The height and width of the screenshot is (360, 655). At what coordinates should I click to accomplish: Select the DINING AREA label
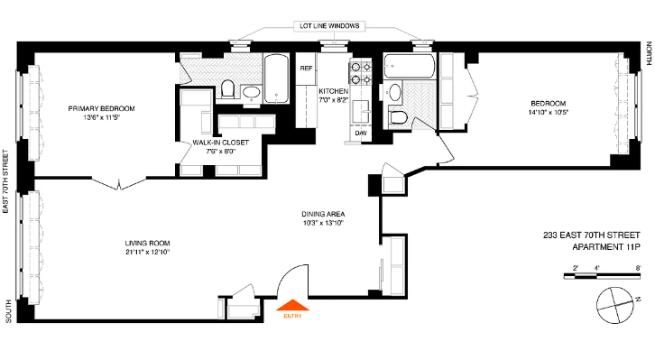(x=324, y=214)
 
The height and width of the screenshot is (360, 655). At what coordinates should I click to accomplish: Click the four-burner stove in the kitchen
(x=359, y=73)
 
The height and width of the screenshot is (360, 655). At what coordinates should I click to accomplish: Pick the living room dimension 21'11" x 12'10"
(x=148, y=254)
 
